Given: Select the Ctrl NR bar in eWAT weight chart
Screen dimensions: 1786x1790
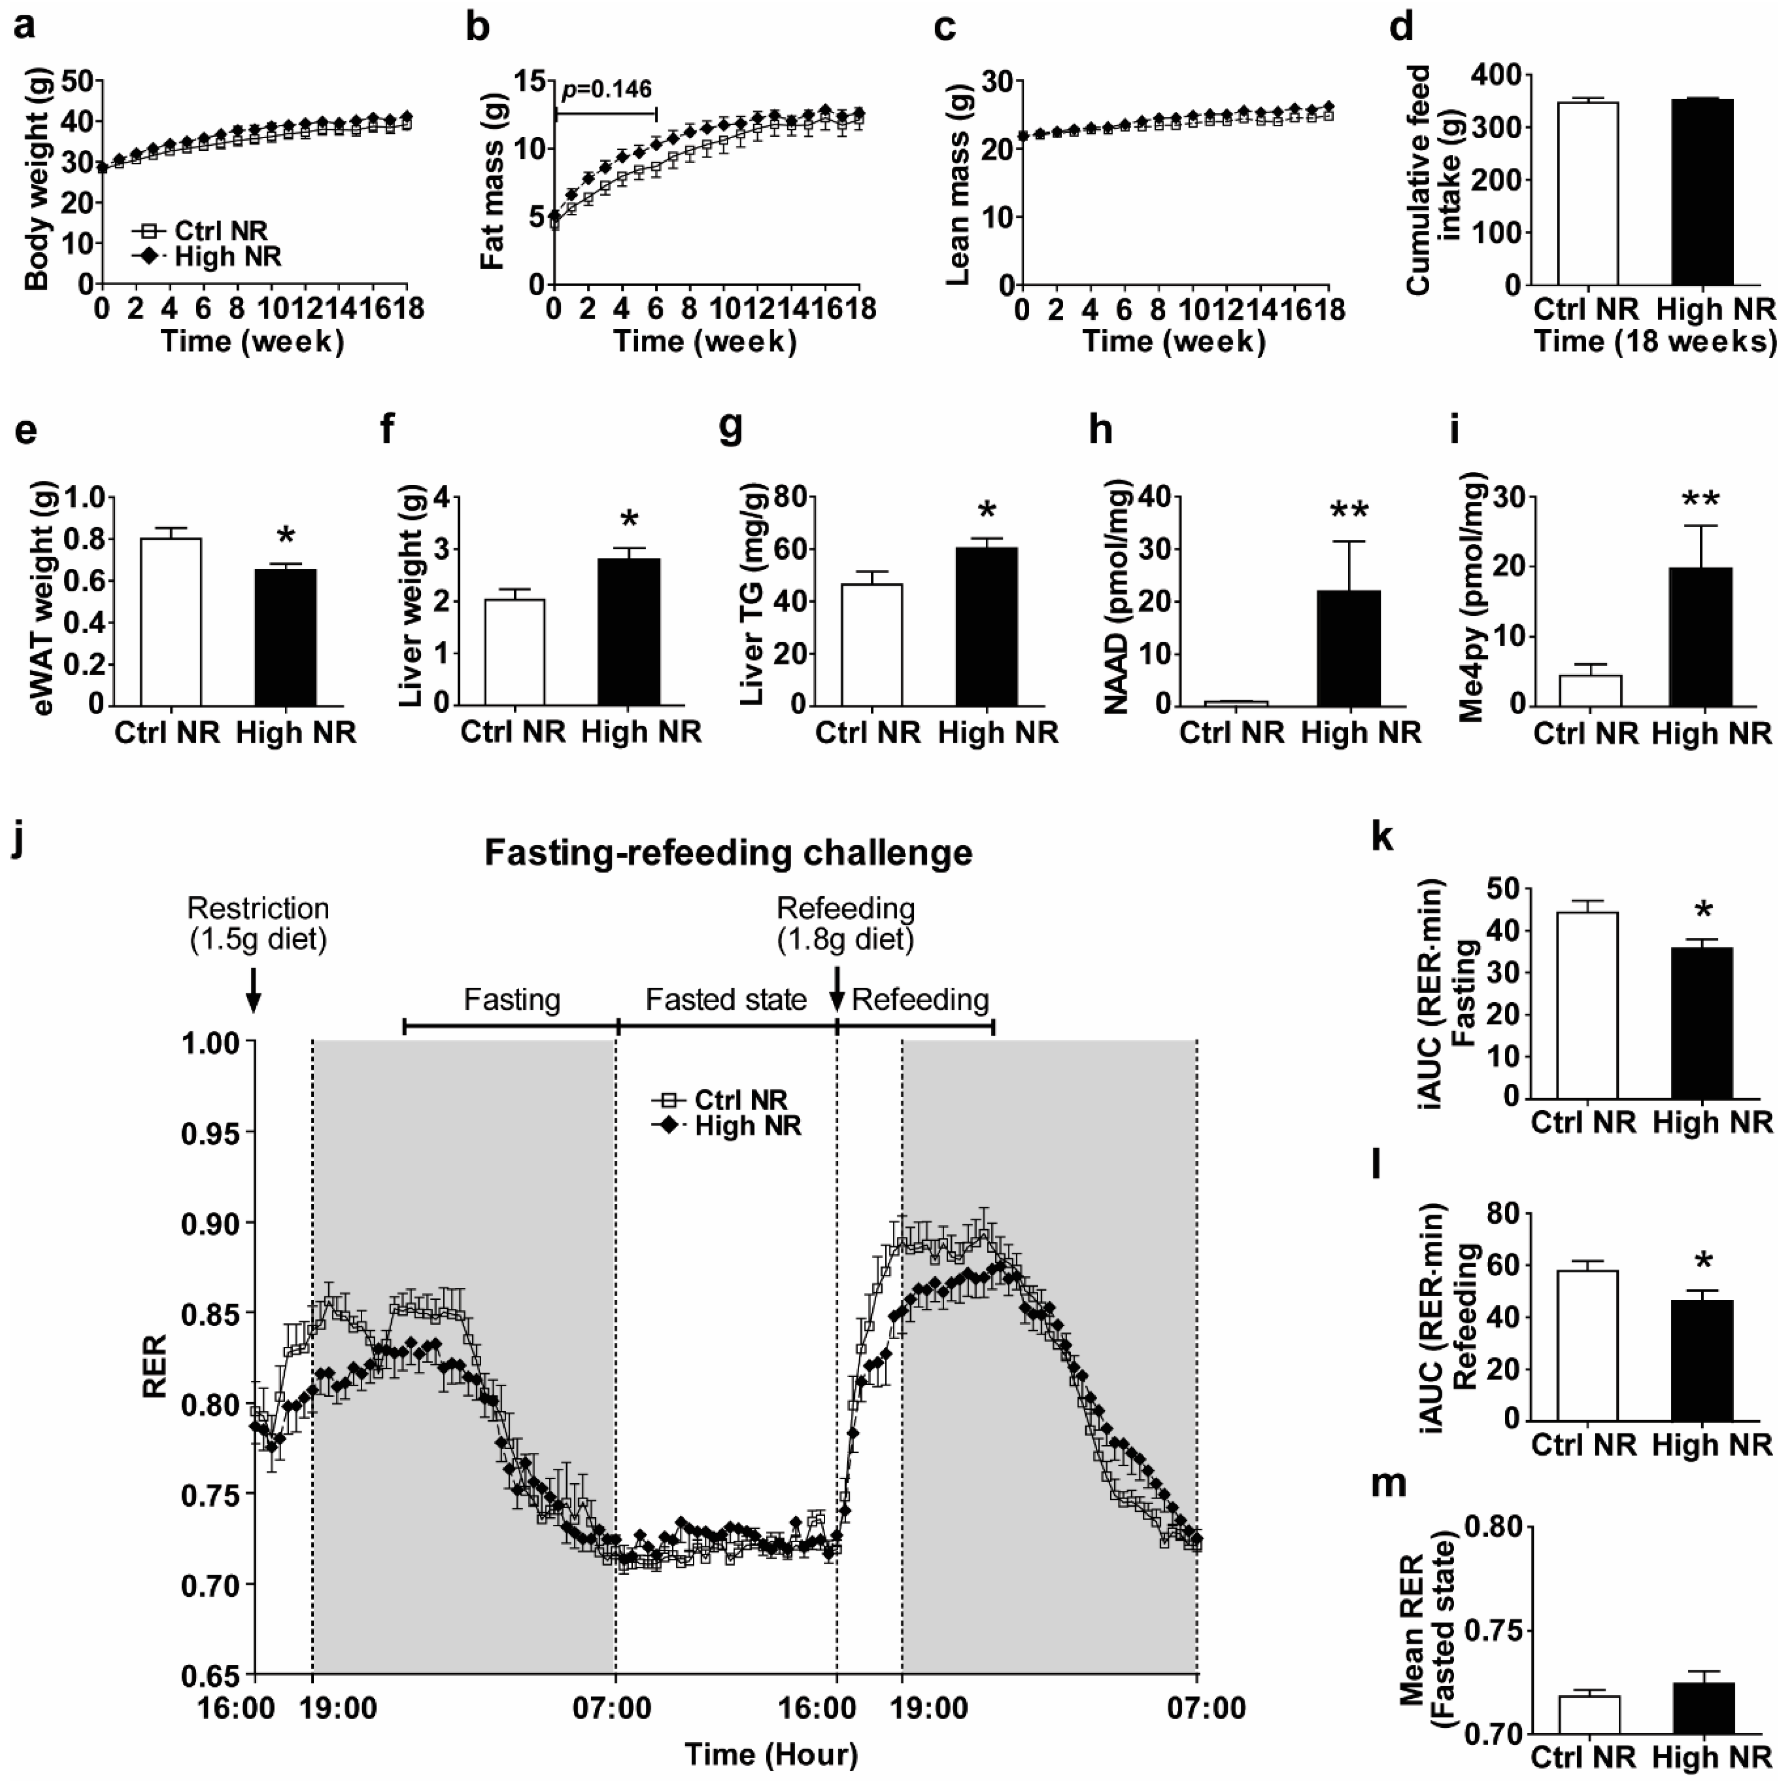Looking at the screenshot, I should [x=171, y=621].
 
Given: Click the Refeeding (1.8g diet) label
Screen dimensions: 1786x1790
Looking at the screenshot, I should [x=845, y=923].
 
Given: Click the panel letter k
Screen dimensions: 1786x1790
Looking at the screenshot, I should [x=1381, y=836].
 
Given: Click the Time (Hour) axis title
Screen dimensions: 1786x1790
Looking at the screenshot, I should [x=771, y=1753].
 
